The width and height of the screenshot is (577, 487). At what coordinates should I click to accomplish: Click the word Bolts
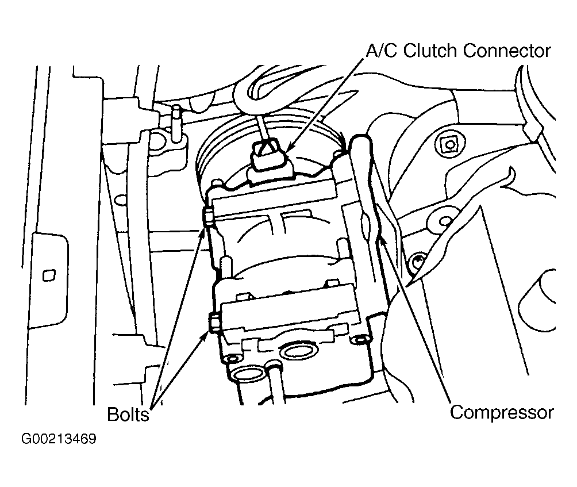tap(128, 415)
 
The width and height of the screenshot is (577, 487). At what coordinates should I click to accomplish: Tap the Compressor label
tap(502, 413)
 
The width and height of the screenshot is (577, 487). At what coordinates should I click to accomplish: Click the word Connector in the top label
tap(507, 51)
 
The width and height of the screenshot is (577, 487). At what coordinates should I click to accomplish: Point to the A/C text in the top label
tap(382, 51)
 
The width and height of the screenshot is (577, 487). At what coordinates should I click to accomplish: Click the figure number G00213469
tap(59, 439)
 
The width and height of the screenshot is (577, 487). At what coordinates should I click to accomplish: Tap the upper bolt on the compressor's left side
tap(208, 216)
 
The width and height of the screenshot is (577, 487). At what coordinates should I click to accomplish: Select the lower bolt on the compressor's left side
tap(214, 323)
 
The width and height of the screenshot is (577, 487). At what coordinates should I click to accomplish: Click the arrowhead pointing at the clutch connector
tap(290, 147)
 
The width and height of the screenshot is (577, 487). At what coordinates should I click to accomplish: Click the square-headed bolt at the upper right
tap(449, 144)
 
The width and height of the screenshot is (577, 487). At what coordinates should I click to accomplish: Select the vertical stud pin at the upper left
tap(176, 123)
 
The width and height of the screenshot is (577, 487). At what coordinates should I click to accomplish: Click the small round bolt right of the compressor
tap(417, 262)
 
